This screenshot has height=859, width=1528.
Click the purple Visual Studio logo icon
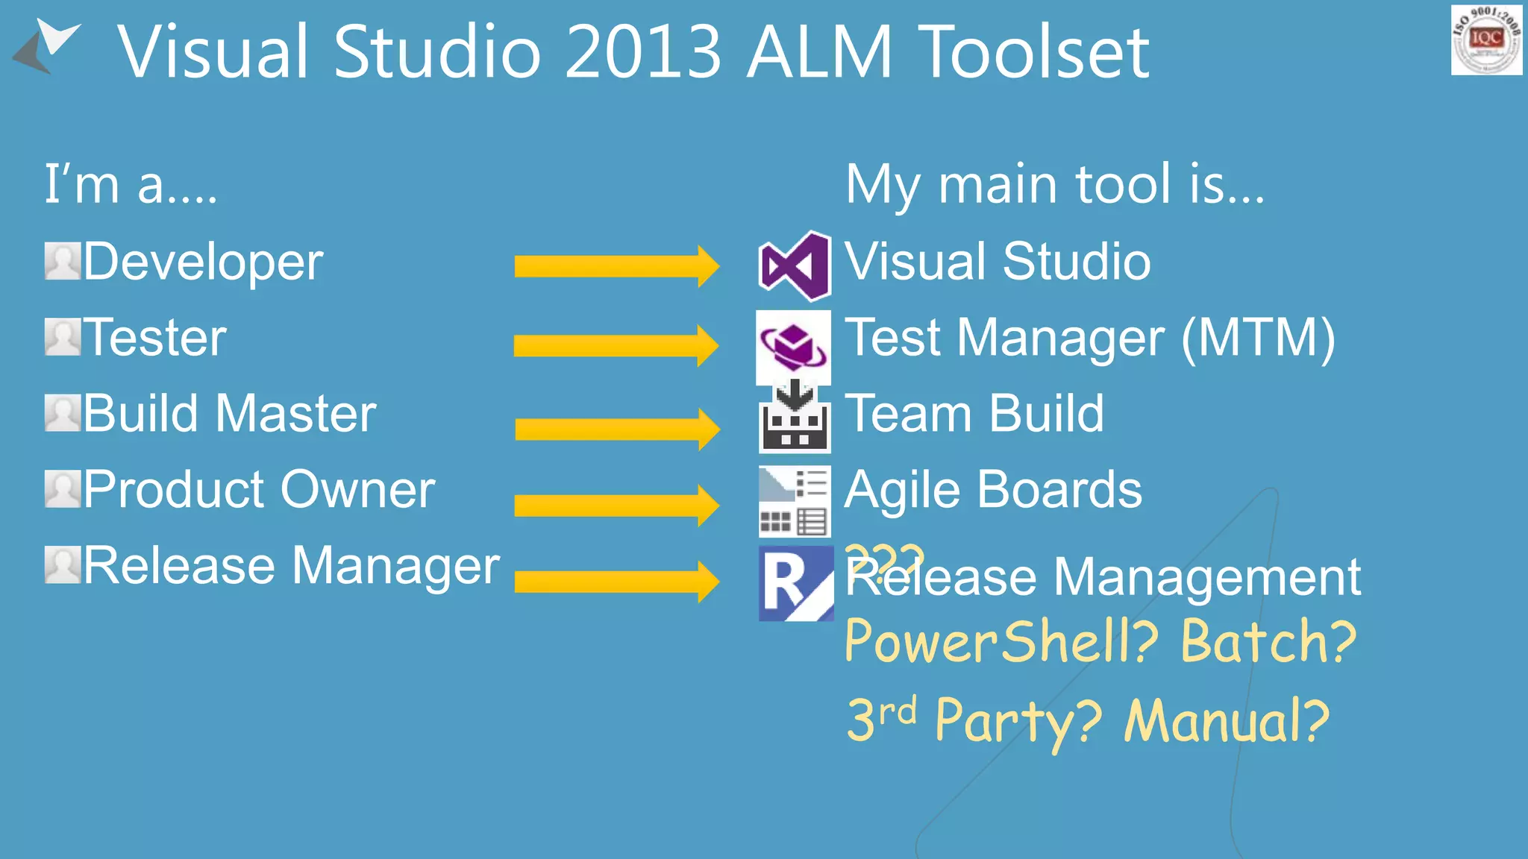click(x=794, y=265)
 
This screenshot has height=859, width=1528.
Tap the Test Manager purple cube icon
click(x=793, y=346)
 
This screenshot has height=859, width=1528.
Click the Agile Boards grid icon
click(x=795, y=501)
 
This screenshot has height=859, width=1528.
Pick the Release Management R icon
click(x=795, y=583)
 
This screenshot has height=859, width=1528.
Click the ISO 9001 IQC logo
click(x=1486, y=40)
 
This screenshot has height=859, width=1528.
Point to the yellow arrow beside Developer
click(x=616, y=265)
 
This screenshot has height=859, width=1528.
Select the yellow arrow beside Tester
click(x=616, y=345)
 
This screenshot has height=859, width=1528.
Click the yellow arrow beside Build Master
click(x=616, y=429)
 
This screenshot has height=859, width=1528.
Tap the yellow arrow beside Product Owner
click(x=616, y=505)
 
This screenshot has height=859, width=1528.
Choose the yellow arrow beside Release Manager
click(x=616, y=582)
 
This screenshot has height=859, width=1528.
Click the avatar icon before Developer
click(x=62, y=261)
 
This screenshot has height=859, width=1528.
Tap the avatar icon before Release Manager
click(x=62, y=564)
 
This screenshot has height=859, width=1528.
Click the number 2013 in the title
click(x=643, y=52)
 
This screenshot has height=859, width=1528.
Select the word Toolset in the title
click(x=1033, y=52)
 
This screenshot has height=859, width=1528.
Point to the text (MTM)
click(x=1258, y=339)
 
